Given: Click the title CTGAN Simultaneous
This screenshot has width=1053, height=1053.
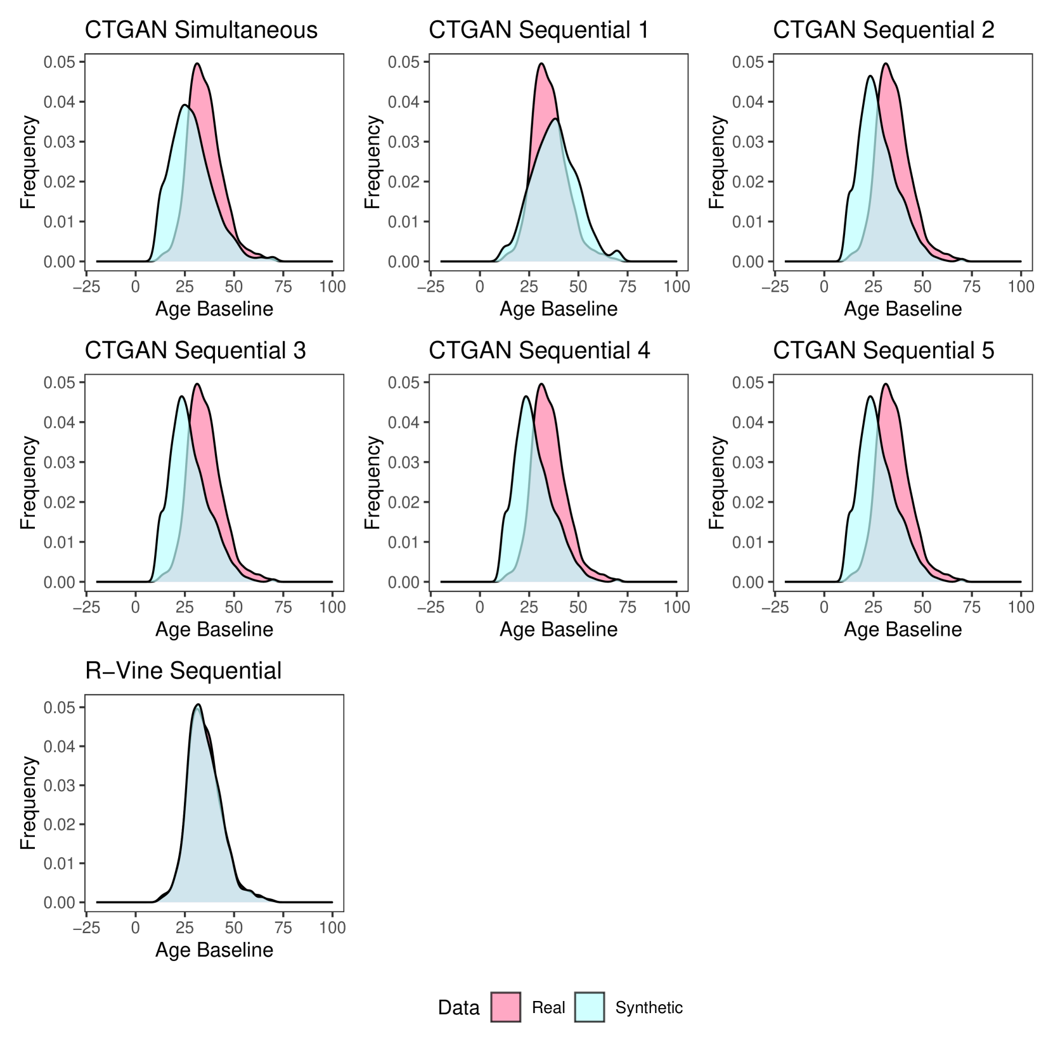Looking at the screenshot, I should (201, 30).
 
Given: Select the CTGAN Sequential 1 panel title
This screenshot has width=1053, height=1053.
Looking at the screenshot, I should (539, 30).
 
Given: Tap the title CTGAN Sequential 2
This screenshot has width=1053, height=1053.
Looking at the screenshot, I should (883, 30).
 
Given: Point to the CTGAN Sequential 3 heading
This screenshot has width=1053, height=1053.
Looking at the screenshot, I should (195, 351).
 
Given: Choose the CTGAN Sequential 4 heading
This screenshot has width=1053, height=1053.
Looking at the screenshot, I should (539, 351).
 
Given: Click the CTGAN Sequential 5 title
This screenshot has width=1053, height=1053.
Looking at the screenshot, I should (883, 351).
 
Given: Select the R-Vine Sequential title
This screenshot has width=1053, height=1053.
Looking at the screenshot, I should (183, 671).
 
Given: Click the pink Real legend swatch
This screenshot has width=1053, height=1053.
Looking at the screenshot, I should (505, 1007).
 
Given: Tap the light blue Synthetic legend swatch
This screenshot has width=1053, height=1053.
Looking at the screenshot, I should (590, 1007).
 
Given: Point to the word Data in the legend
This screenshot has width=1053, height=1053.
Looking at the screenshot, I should (458, 1008).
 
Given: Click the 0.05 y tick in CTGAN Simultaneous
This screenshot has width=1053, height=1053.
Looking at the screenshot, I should (59, 62).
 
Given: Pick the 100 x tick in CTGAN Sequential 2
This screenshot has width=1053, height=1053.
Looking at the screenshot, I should (1021, 287).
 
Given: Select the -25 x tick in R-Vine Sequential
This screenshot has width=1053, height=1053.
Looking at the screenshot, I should (86, 928).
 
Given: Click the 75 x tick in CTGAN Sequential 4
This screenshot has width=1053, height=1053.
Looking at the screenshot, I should (628, 607).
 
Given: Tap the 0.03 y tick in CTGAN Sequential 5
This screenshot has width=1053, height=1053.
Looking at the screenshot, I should (748, 462).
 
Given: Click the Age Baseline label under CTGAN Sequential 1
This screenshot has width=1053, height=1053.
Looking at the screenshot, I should (559, 309).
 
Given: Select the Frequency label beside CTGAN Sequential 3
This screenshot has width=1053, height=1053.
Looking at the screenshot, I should (28, 482).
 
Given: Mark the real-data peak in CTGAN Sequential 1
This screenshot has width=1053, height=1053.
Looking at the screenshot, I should (541, 63).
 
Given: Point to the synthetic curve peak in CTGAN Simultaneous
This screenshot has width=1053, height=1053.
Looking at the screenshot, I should (184, 105).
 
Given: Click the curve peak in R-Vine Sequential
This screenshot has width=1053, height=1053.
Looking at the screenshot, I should (198, 704).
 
